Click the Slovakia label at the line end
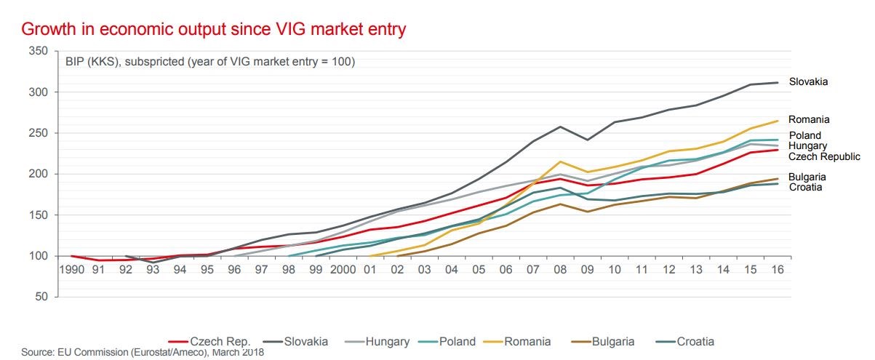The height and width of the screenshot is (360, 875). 809,82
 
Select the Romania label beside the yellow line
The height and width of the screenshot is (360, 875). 809,119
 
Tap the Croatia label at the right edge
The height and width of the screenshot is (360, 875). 805,188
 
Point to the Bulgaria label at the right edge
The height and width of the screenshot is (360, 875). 807,177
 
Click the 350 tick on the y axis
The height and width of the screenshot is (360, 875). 39,51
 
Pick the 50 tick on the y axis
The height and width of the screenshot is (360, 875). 41,297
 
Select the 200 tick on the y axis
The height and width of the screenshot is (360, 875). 39,174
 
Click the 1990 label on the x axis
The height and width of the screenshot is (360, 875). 73,270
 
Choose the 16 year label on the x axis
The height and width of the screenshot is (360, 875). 778,270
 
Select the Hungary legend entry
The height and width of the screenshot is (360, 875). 388,341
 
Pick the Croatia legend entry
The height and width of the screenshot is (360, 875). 695,341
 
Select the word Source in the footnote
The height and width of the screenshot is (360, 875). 37,353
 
